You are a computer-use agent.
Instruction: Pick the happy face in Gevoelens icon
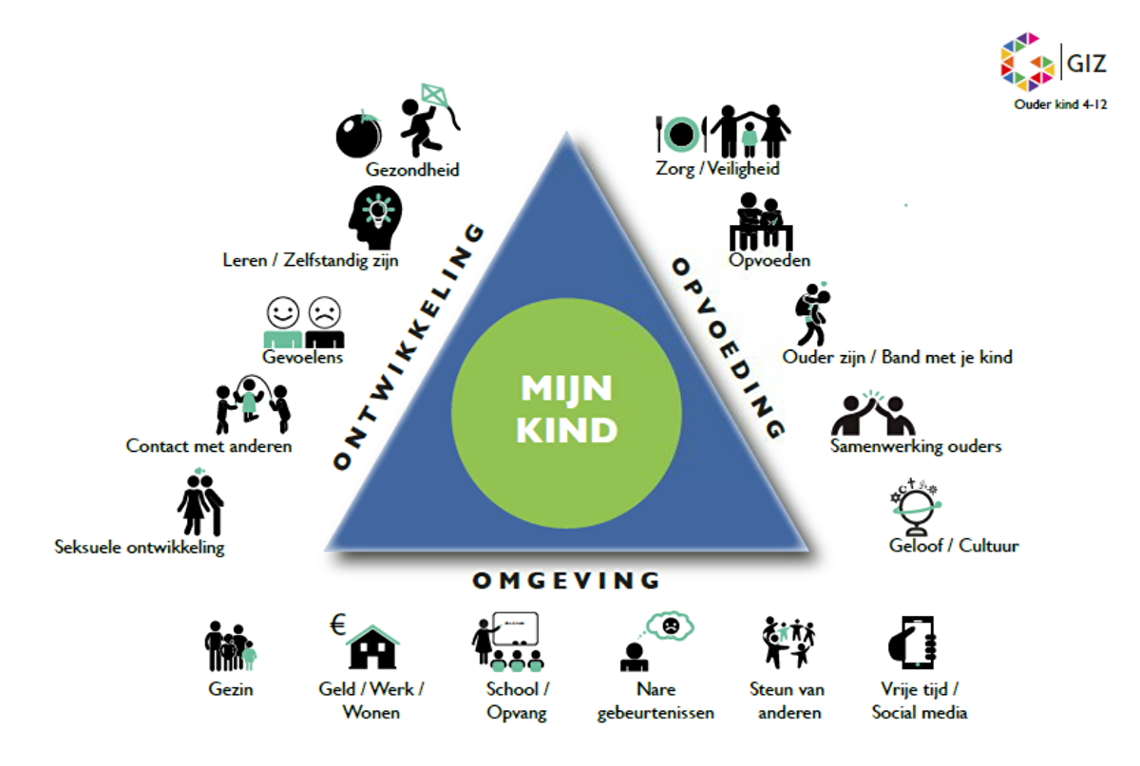pos(282,312)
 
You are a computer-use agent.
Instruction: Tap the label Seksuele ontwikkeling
pos(140,548)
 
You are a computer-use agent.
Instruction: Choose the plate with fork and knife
pos(679,134)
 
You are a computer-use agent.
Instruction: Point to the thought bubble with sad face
pos(669,625)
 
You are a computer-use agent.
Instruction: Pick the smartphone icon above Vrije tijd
pos(913,643)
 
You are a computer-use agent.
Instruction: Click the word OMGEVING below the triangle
pos(566,580)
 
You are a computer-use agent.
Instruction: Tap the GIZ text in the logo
pos(1084,65)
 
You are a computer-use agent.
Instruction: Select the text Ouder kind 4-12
pos(1059,104)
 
